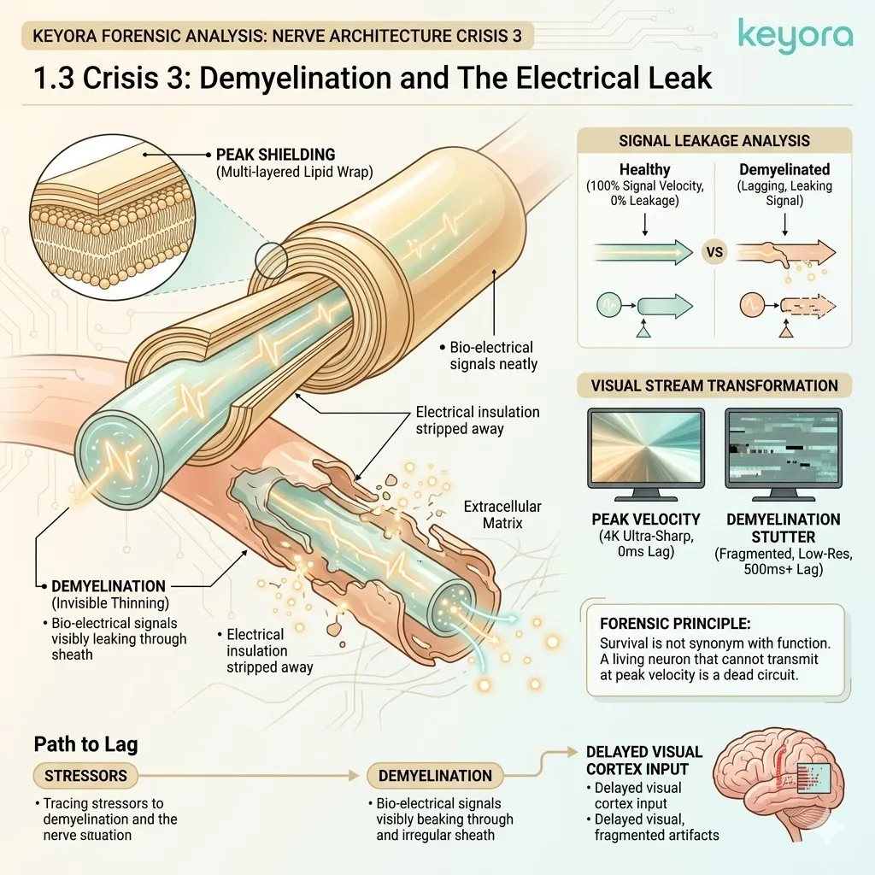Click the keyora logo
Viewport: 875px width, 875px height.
coord(794,38)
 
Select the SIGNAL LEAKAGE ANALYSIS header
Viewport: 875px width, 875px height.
coord(714,141)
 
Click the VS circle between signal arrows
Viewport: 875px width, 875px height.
coord(714,253)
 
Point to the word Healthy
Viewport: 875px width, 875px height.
coord(644,170)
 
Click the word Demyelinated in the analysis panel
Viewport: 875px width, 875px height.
coord(784,170)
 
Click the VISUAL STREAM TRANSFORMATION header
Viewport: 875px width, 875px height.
coord(714,385)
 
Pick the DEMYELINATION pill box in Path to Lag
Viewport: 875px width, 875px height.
coord(435,776)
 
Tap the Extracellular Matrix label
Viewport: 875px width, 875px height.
coord(502,514)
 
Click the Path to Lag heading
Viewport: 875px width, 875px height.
coord(85,743)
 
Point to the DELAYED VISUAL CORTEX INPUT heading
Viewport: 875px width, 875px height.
coord(644,760)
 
